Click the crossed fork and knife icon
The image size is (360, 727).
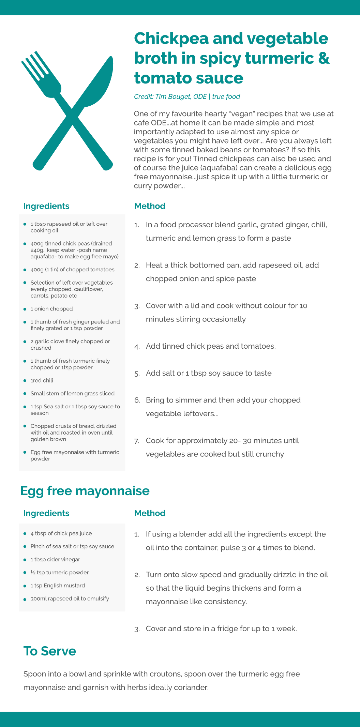click(x=67, y=111)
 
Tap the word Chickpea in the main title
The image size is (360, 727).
click(x=171, y=39)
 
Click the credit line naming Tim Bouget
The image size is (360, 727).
click(x=187, y=96)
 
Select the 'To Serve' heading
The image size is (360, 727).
click(x=50, y=651)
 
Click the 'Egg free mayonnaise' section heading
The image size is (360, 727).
click(x=85, y=491)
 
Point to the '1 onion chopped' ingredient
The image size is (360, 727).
click(x=51, y=309)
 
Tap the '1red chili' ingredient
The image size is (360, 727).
click(x=42, y=380)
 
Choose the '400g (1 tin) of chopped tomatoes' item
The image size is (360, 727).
click(x=72, y=270)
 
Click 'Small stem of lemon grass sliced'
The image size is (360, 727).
click(x=72, y=393)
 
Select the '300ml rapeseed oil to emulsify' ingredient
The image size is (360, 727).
click(x=70, y=599)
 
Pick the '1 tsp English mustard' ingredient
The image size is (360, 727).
click(x=58, y=586)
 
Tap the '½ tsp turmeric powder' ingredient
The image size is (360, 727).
click(x=59, y=573)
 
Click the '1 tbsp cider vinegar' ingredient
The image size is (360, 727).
click(x=55, y=560)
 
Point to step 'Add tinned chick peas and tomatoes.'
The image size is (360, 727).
click(x=210, y=346)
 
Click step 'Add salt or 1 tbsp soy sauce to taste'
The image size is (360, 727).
click(x=209, y=373)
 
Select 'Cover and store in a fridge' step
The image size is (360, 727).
click(x=221, y=628)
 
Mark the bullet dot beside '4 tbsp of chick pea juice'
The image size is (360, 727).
click(x=25, y=534)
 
